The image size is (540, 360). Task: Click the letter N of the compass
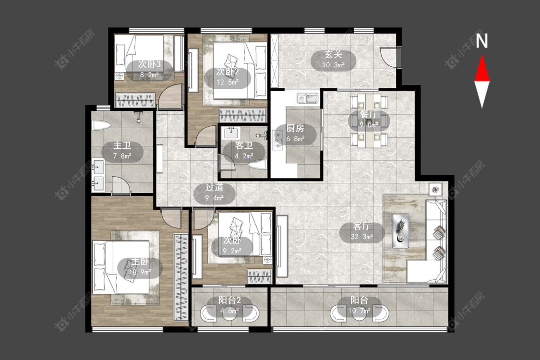point(482,41)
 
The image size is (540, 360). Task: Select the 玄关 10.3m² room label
point(334,60)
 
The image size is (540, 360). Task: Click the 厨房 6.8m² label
point(295,133)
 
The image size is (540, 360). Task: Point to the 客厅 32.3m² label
point(361,231)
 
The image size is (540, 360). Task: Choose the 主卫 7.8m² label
point(122,151)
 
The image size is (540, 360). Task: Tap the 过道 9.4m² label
point(214,192)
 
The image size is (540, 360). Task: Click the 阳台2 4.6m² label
point(229,306)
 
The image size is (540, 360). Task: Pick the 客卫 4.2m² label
point(244,151)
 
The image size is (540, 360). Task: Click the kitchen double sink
point(308,98)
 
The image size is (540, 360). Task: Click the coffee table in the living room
point(400,230)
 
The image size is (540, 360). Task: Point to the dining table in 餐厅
point(369,120)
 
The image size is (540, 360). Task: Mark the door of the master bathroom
point(120,185)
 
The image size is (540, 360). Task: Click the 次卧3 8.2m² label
point(149,69)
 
